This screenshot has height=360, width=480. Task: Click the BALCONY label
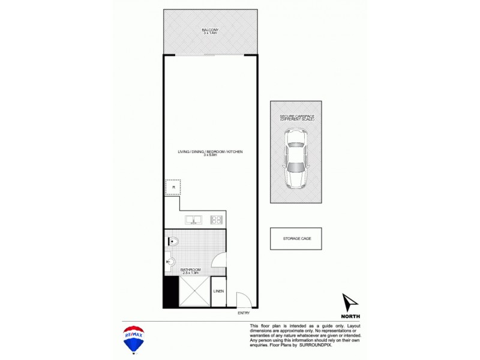(210, 29)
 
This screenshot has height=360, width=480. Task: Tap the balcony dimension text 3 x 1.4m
(210, 34)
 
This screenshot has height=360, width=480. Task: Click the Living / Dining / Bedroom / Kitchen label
(210, 152)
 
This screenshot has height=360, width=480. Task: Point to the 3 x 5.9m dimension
(210, 156)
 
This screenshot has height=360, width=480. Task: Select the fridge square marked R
(173, 187)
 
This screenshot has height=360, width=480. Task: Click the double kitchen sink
(194, 220)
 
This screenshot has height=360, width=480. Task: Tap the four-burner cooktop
(217, 220)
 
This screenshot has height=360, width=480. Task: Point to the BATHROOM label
(190, 270)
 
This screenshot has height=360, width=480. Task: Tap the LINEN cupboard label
(218, 292)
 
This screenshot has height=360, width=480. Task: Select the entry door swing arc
(243, 299)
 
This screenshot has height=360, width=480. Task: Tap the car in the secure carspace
(295, 159)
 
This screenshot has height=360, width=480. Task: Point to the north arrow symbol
(350, 301)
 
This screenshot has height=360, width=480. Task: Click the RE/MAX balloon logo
(133, 338)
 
